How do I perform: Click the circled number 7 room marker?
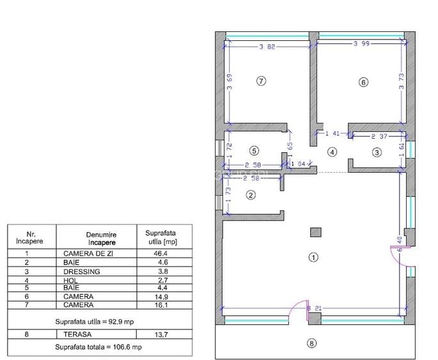[x=260, y=81]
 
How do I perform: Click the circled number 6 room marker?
[x=363, y=82]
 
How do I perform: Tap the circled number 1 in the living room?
[x=313, y=257]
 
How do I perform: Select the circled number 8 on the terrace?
[x=311, y=343]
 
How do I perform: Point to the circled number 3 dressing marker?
[x=377, y=152]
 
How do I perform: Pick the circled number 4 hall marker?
[x=332, y=152]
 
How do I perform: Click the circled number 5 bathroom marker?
[x=254, y=151]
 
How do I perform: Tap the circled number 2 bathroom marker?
[x=251, y=195]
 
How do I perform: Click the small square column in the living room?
[x=314, y=232]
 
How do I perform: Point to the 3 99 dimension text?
[x=363, y=43]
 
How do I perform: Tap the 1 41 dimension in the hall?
[x=332, y=134]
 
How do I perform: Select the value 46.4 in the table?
[x=160, y=253]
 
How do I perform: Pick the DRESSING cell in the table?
[x=82, y=271]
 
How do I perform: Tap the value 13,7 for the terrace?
[x=160, y=334]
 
